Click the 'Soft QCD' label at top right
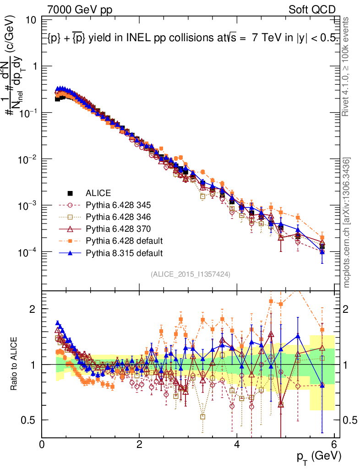[x=312, y=10]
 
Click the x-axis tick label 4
[x=237, y=444]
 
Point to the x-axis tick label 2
[x=139, y=444]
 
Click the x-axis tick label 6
[x=334, y=444]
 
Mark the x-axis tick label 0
[x=42, y=444]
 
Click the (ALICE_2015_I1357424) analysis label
[x=190, y=274]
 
